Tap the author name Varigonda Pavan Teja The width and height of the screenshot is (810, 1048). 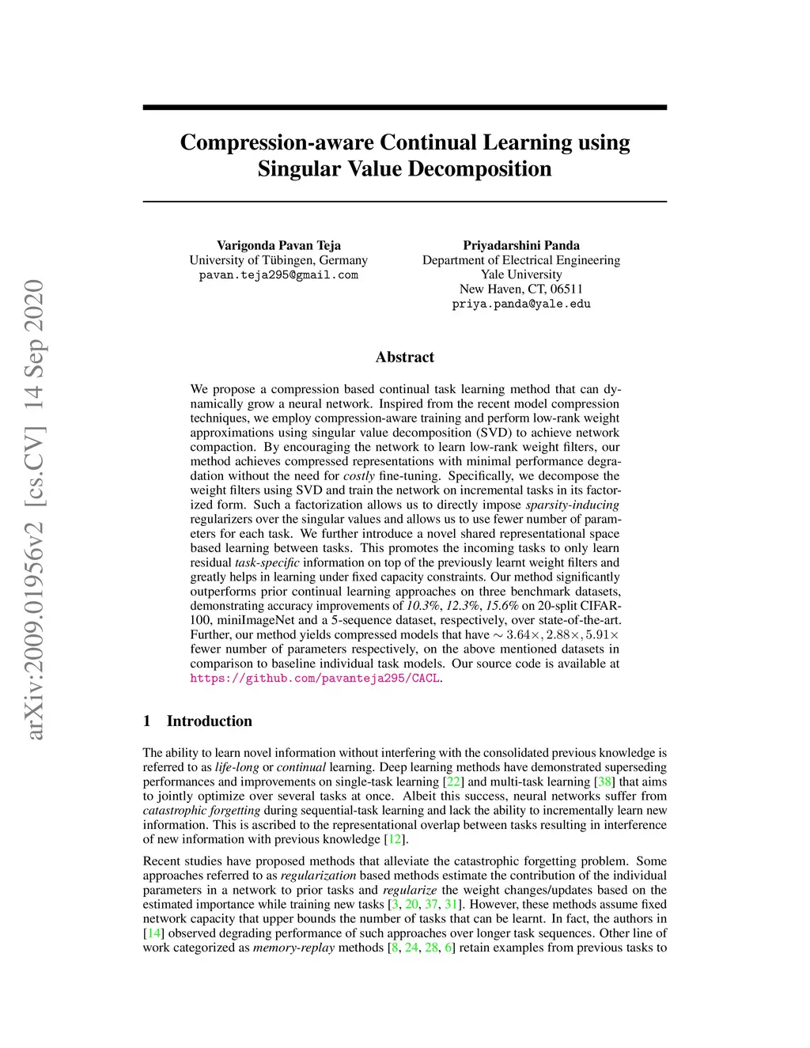coord(278,245)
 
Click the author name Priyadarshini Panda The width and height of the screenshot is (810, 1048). coord(521,245)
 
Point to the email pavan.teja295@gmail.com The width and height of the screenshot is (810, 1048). coord(278,275)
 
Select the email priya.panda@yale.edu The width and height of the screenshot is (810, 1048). coord(521,305)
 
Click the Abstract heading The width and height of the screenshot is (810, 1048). coord(405,358)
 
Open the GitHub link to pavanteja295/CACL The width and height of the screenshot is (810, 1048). coord(315,679)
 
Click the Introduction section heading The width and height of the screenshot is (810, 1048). coord(209,721)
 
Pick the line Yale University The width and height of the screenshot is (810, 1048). coord(521,274)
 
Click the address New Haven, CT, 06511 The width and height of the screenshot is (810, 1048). coord(521,289)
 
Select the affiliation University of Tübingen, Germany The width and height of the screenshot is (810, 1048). coord(278,260)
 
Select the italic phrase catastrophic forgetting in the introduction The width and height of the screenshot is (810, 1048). coord(202,811)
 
